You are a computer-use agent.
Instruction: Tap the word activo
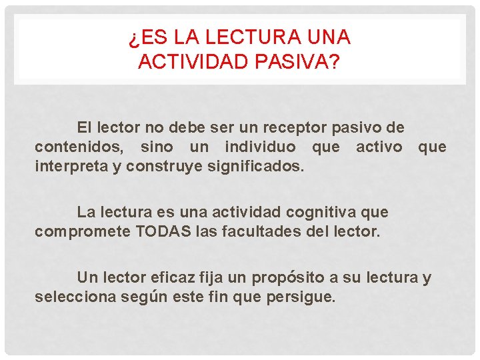point(379,146)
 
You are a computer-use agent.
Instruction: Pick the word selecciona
point(75,296)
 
